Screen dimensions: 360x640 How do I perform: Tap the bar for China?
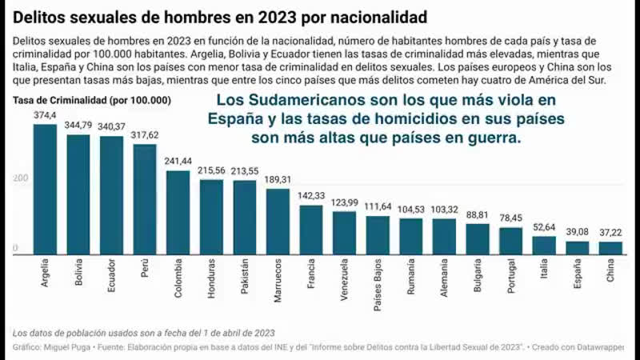[x=610, y=247]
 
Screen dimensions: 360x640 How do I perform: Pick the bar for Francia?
[x=310, y=229]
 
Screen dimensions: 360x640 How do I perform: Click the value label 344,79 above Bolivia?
[x=78, y=126]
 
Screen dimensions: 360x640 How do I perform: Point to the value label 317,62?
[x=144, y=135]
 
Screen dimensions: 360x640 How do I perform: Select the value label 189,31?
[x=277, y=179]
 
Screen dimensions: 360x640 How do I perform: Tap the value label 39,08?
[x=577, y=231]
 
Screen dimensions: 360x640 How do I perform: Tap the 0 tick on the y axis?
[x=15, y=249]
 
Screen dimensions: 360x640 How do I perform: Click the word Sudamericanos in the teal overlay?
[x=316, y=102]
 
